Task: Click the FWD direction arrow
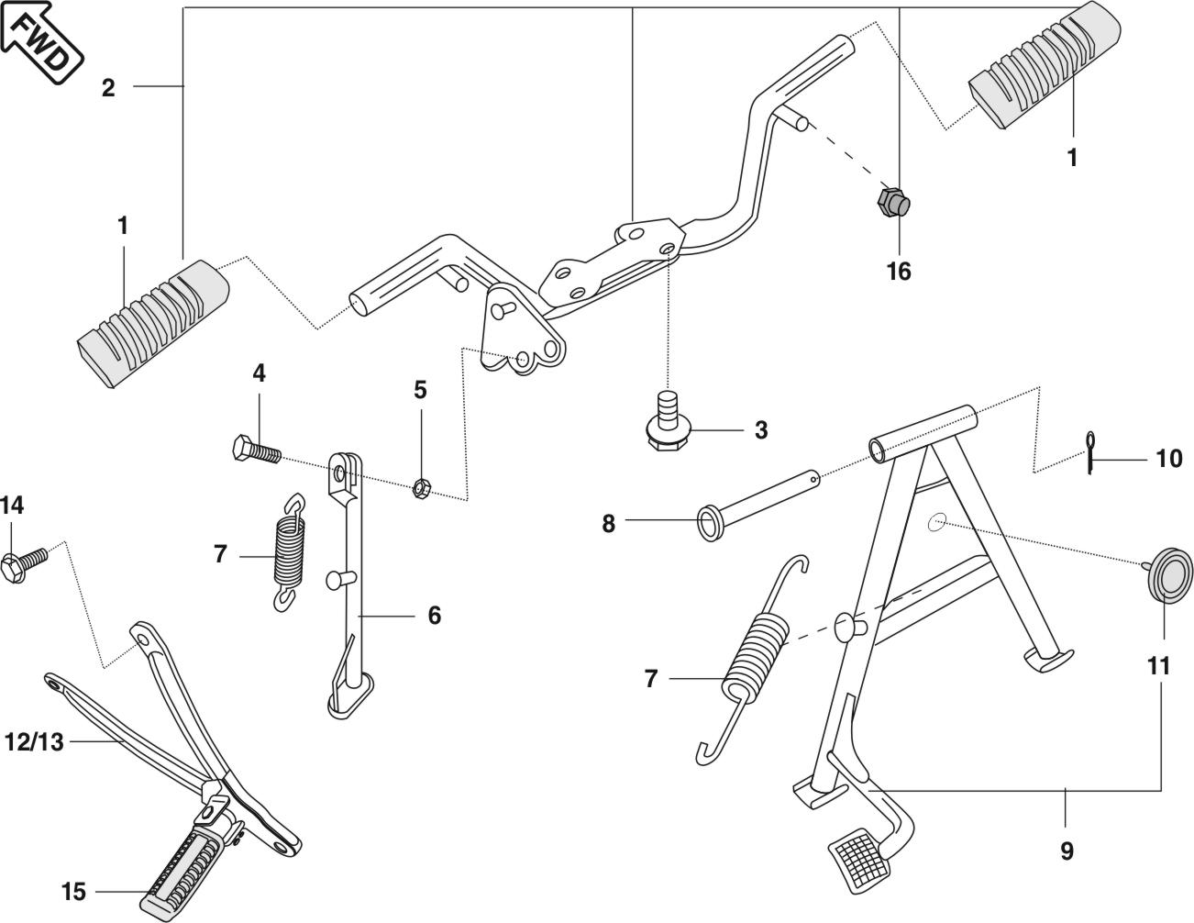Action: click(41, 42)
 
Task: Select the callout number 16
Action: click(899, 272)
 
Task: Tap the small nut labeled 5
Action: click(421, 487)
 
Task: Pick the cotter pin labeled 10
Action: click(1090, 452)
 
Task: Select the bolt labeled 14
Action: click(24, 564)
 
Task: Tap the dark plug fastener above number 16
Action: click(894, 202)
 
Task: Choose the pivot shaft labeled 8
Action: click(758, 505)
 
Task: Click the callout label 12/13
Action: click(34, 742)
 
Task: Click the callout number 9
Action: click(1067, 851)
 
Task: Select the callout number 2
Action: click(108, 88)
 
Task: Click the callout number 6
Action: click(434, 616)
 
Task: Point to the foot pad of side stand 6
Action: click(350, 697)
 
